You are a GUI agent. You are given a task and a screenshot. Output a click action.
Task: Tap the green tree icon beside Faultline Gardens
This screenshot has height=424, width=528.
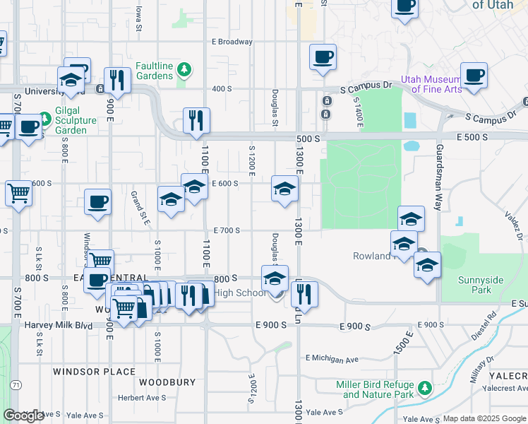184,69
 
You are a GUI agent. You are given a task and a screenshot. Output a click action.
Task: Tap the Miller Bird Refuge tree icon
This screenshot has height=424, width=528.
425,388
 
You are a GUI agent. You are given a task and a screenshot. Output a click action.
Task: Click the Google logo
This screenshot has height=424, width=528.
23,416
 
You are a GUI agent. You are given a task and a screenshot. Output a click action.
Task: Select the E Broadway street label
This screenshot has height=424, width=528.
232,42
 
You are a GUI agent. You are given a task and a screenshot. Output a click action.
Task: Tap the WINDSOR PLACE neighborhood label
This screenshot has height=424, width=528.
94,371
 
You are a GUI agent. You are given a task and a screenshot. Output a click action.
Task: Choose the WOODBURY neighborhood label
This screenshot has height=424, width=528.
167,382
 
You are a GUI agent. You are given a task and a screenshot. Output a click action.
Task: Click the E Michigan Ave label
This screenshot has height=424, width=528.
331,360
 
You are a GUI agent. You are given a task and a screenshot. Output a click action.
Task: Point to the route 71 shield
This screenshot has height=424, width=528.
15,385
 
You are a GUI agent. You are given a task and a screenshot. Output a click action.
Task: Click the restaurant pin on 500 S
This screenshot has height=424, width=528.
196,120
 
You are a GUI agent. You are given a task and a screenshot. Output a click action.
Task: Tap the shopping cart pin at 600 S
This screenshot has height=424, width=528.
18,192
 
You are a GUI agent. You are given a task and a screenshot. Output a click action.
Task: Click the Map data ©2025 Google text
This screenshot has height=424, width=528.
485,418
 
